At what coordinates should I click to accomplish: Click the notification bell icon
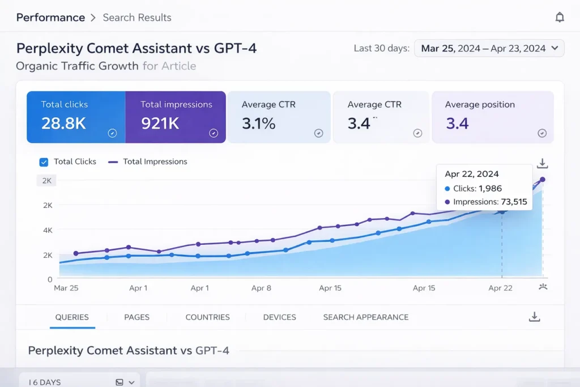coord(560,18)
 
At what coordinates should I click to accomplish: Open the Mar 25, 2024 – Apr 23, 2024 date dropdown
coord(489,48)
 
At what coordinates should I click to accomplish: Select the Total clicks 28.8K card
coord(75,117)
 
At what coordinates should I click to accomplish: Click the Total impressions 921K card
coord(176,117)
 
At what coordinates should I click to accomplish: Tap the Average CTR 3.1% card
coord(279,117)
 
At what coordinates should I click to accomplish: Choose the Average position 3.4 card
coord(492,117)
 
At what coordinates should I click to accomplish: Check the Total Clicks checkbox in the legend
coord(44,162)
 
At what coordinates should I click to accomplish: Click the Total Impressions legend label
coord(155,161)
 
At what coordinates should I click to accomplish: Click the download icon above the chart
coord(542,164)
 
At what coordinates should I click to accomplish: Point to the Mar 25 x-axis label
coord(66,288)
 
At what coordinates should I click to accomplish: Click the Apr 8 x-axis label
coord(261,288)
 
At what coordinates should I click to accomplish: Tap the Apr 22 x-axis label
coord(500,288)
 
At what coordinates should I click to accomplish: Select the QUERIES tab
coord(72,317)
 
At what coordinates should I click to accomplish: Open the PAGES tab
coord(137,317)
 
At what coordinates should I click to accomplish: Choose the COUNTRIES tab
coord(207,317)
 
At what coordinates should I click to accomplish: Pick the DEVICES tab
coord(279,317)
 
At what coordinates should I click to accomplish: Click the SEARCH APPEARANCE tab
coord(365,317)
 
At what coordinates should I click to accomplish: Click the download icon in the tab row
coord(534,317)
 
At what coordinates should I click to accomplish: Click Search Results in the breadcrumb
coord(137,18)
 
